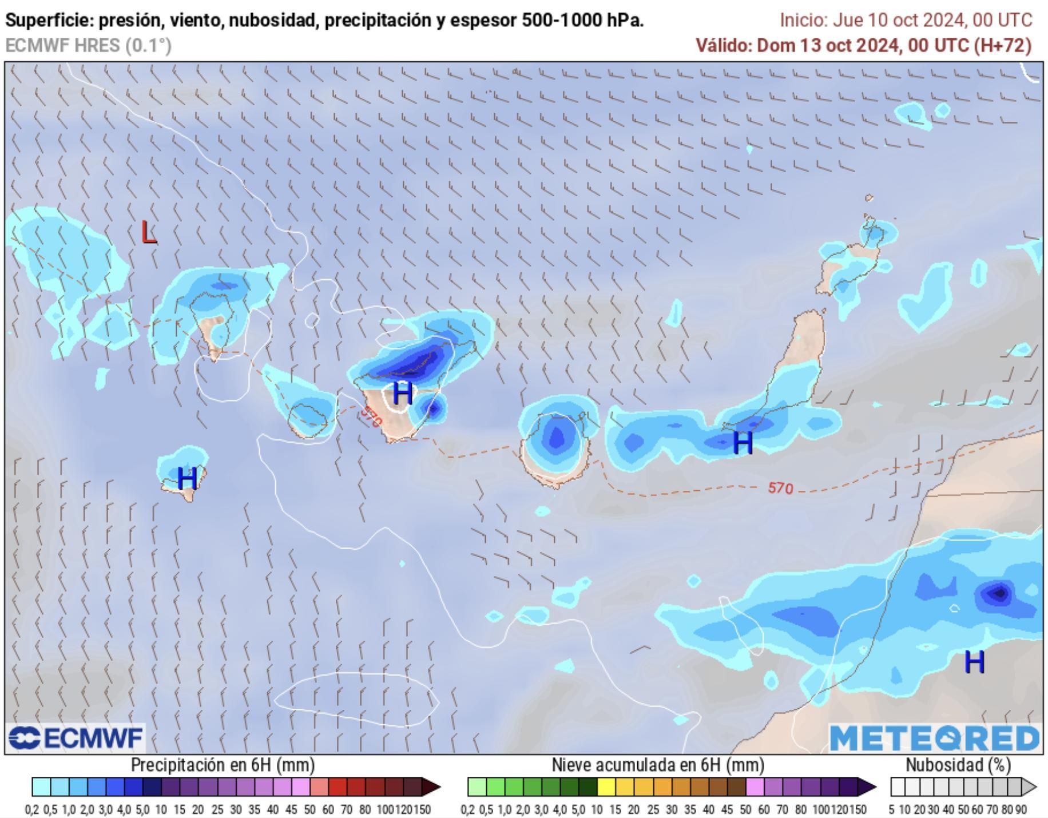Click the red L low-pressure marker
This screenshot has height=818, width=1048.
click(149, 232)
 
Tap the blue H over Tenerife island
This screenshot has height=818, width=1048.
click(403, 393)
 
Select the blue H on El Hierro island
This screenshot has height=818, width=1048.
click(187, 478)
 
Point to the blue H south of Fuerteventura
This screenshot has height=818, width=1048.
click(743, 443)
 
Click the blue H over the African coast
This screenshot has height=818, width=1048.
click(974, 662)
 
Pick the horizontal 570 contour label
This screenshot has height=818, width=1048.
click(780, 488)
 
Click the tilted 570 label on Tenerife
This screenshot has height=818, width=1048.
click(371, 416)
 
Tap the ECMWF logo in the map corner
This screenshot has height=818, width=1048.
click(76, 738)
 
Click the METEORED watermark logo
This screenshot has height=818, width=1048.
click(934, 738)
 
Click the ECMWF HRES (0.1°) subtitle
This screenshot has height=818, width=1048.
click(88, 45)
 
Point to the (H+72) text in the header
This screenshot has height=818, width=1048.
click(1003, 45)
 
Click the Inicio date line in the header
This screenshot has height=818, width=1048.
click(906, 21)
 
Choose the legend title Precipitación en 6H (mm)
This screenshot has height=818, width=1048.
click(223, 765)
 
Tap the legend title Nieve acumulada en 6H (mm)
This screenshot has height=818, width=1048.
click(658, 765)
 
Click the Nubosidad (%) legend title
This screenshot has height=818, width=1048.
click(958, 765)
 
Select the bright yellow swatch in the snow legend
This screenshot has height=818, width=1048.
click(606, 787)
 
